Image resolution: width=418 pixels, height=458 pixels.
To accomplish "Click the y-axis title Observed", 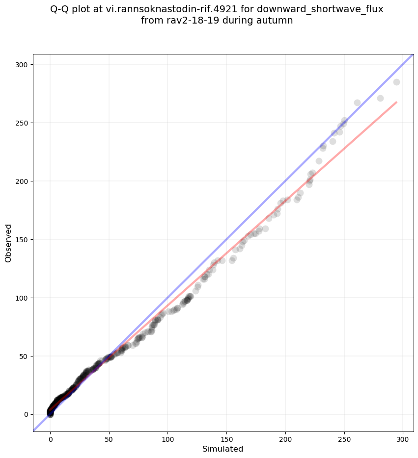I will [x=8, y=243].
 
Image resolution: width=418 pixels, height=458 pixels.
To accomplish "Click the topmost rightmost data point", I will [x=396, y=82].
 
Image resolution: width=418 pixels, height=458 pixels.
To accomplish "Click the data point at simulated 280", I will [x=380, y=98].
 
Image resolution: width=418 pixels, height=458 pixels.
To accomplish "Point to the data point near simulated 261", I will [x=357, y=103].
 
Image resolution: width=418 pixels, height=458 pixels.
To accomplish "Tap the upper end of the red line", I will [x=396, y=102].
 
